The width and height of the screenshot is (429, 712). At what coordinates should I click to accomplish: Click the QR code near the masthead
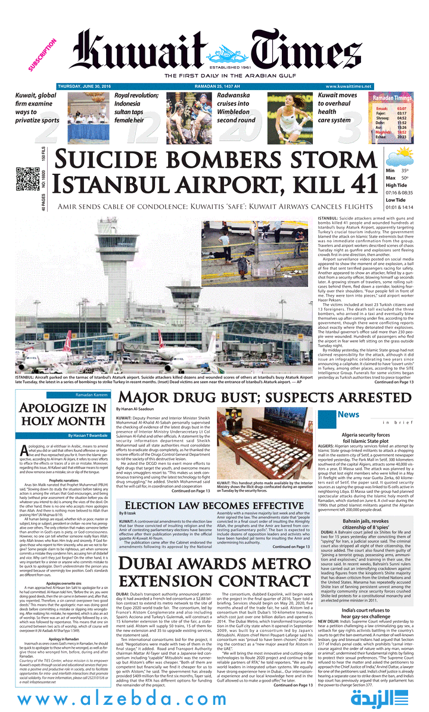click(27, 178)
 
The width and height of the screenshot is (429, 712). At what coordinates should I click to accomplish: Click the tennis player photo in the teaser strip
click(288, 113)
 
